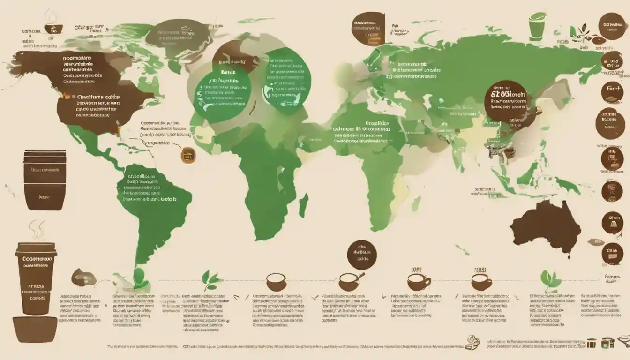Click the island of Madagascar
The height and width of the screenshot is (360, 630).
(303, 205)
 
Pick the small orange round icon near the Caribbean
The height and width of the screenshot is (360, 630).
(188, 155)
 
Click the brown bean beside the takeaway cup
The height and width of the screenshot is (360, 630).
(83, 278)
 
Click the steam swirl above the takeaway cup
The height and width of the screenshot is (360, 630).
(35, 230)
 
